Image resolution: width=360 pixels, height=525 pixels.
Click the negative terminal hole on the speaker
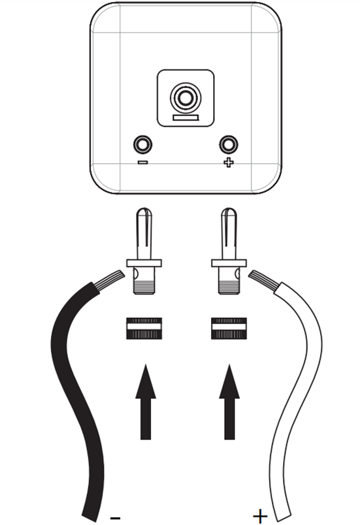click(x=142, y=145)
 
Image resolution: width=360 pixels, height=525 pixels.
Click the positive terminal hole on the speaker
click(x=229, y=145)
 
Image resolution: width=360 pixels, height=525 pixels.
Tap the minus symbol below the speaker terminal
click(x=142, y=163)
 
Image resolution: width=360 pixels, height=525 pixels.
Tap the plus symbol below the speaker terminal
click(x=229, y=163)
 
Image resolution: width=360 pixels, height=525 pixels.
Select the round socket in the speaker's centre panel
click(x=186, y=98)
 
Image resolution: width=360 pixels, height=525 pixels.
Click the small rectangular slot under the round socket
click(x=186, y=118)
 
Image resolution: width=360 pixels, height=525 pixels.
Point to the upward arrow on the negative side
click(x=146, y=402)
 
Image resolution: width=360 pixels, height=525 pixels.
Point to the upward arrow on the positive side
click(x=229, y=402)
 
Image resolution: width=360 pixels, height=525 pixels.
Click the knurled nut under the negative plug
click(x=144, y=328)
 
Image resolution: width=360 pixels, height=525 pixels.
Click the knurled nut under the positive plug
click(x=229, y=328)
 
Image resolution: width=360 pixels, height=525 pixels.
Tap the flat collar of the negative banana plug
click(x=144, y=263)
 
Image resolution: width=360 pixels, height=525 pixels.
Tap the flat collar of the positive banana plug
click(x=229, y=263)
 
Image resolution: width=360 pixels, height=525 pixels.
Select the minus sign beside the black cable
click(x=115, y=518)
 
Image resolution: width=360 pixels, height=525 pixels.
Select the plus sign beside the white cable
click(x=260, y=517)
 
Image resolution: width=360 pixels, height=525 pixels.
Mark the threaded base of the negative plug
click(x=144, y=287)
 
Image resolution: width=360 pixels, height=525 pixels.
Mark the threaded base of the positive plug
click(x=229, y=287)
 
